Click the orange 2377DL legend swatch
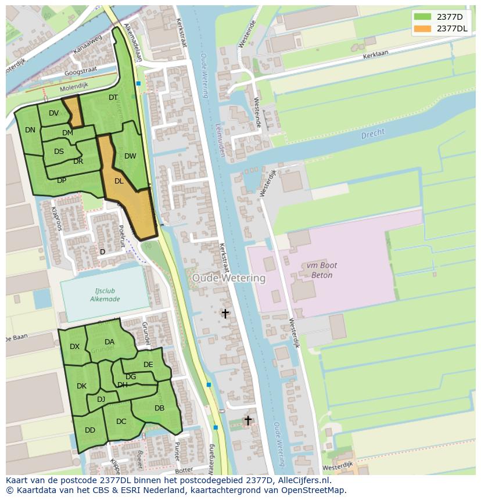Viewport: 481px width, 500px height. [422, 28]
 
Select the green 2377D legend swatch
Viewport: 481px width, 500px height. [422, 17]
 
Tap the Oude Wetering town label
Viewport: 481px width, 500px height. [229, 278]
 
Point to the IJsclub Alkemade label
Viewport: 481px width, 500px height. [105, 295]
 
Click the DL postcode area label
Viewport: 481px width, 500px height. [119, 181]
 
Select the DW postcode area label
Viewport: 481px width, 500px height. [130, 156]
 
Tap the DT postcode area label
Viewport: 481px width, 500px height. [113, 98]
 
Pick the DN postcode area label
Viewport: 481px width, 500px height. [30, 130]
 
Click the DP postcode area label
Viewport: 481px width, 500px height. [62, 181]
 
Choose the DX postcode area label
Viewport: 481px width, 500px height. [75, 347]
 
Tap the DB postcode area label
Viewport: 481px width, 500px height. [159, 408]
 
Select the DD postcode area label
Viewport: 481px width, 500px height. [90, 430]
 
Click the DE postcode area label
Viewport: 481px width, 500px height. [148, 365]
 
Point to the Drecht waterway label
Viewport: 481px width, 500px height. [372, 134]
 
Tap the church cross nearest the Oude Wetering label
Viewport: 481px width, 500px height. [225, 314]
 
